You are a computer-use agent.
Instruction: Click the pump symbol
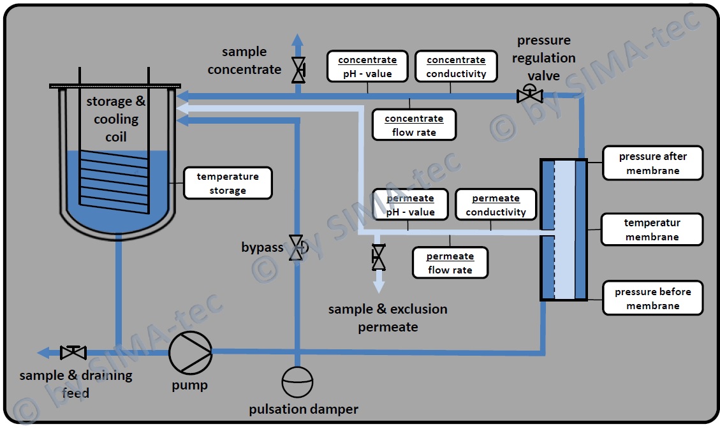[190, 353]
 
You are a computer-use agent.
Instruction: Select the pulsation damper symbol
[298, 382]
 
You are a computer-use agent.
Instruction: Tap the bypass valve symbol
[296, 247]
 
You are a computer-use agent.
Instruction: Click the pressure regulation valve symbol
[529, 96]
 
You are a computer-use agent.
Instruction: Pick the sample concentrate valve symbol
[298, 70]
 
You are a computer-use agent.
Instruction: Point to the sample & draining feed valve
[73, 352]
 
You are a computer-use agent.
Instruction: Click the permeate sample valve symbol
[378, 258]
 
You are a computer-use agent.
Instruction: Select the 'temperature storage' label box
[228, 184]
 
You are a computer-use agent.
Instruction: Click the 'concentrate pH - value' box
[367, 67]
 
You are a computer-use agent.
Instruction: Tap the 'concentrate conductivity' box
[456, 67]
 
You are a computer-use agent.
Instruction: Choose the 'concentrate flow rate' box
[414, 126]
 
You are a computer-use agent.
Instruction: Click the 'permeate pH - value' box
[410, 205]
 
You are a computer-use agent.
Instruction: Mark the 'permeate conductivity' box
[496, 205]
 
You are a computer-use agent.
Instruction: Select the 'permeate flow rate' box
[450, 263]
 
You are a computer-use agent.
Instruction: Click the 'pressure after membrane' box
[652, 163]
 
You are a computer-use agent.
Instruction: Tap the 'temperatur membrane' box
[652, 229]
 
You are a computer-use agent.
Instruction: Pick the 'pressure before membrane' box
[652, 298]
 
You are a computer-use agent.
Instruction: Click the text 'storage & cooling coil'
[116, 119]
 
